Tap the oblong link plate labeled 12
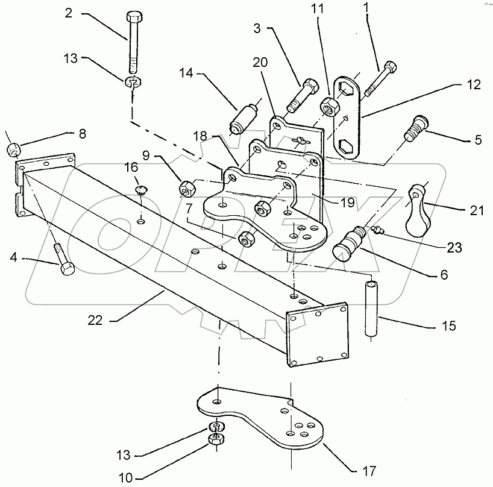coord(348,117)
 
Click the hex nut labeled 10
coord(215,441)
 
